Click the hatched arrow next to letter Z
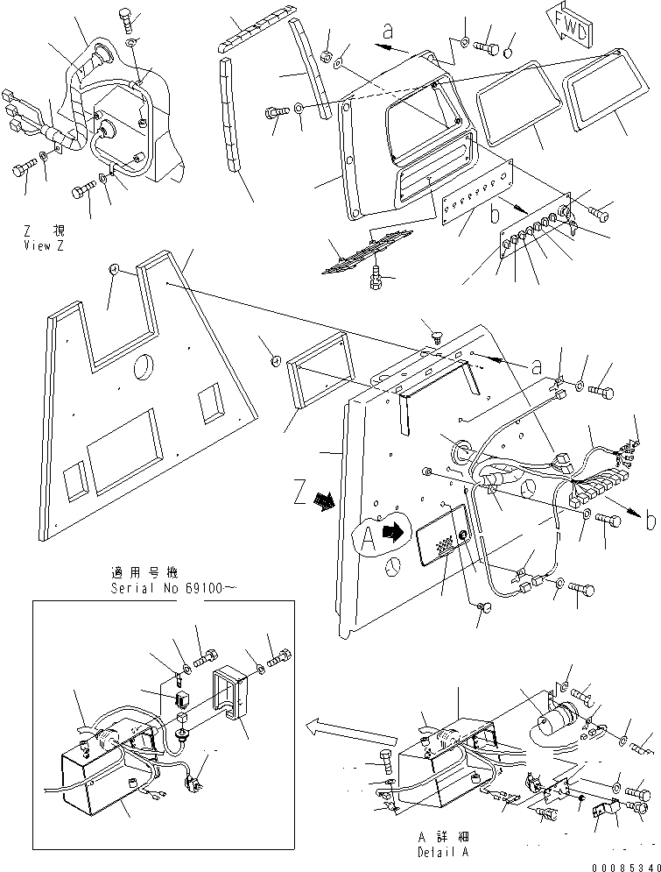click(x=326, y=502)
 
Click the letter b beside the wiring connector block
click(x=650, y=521)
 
